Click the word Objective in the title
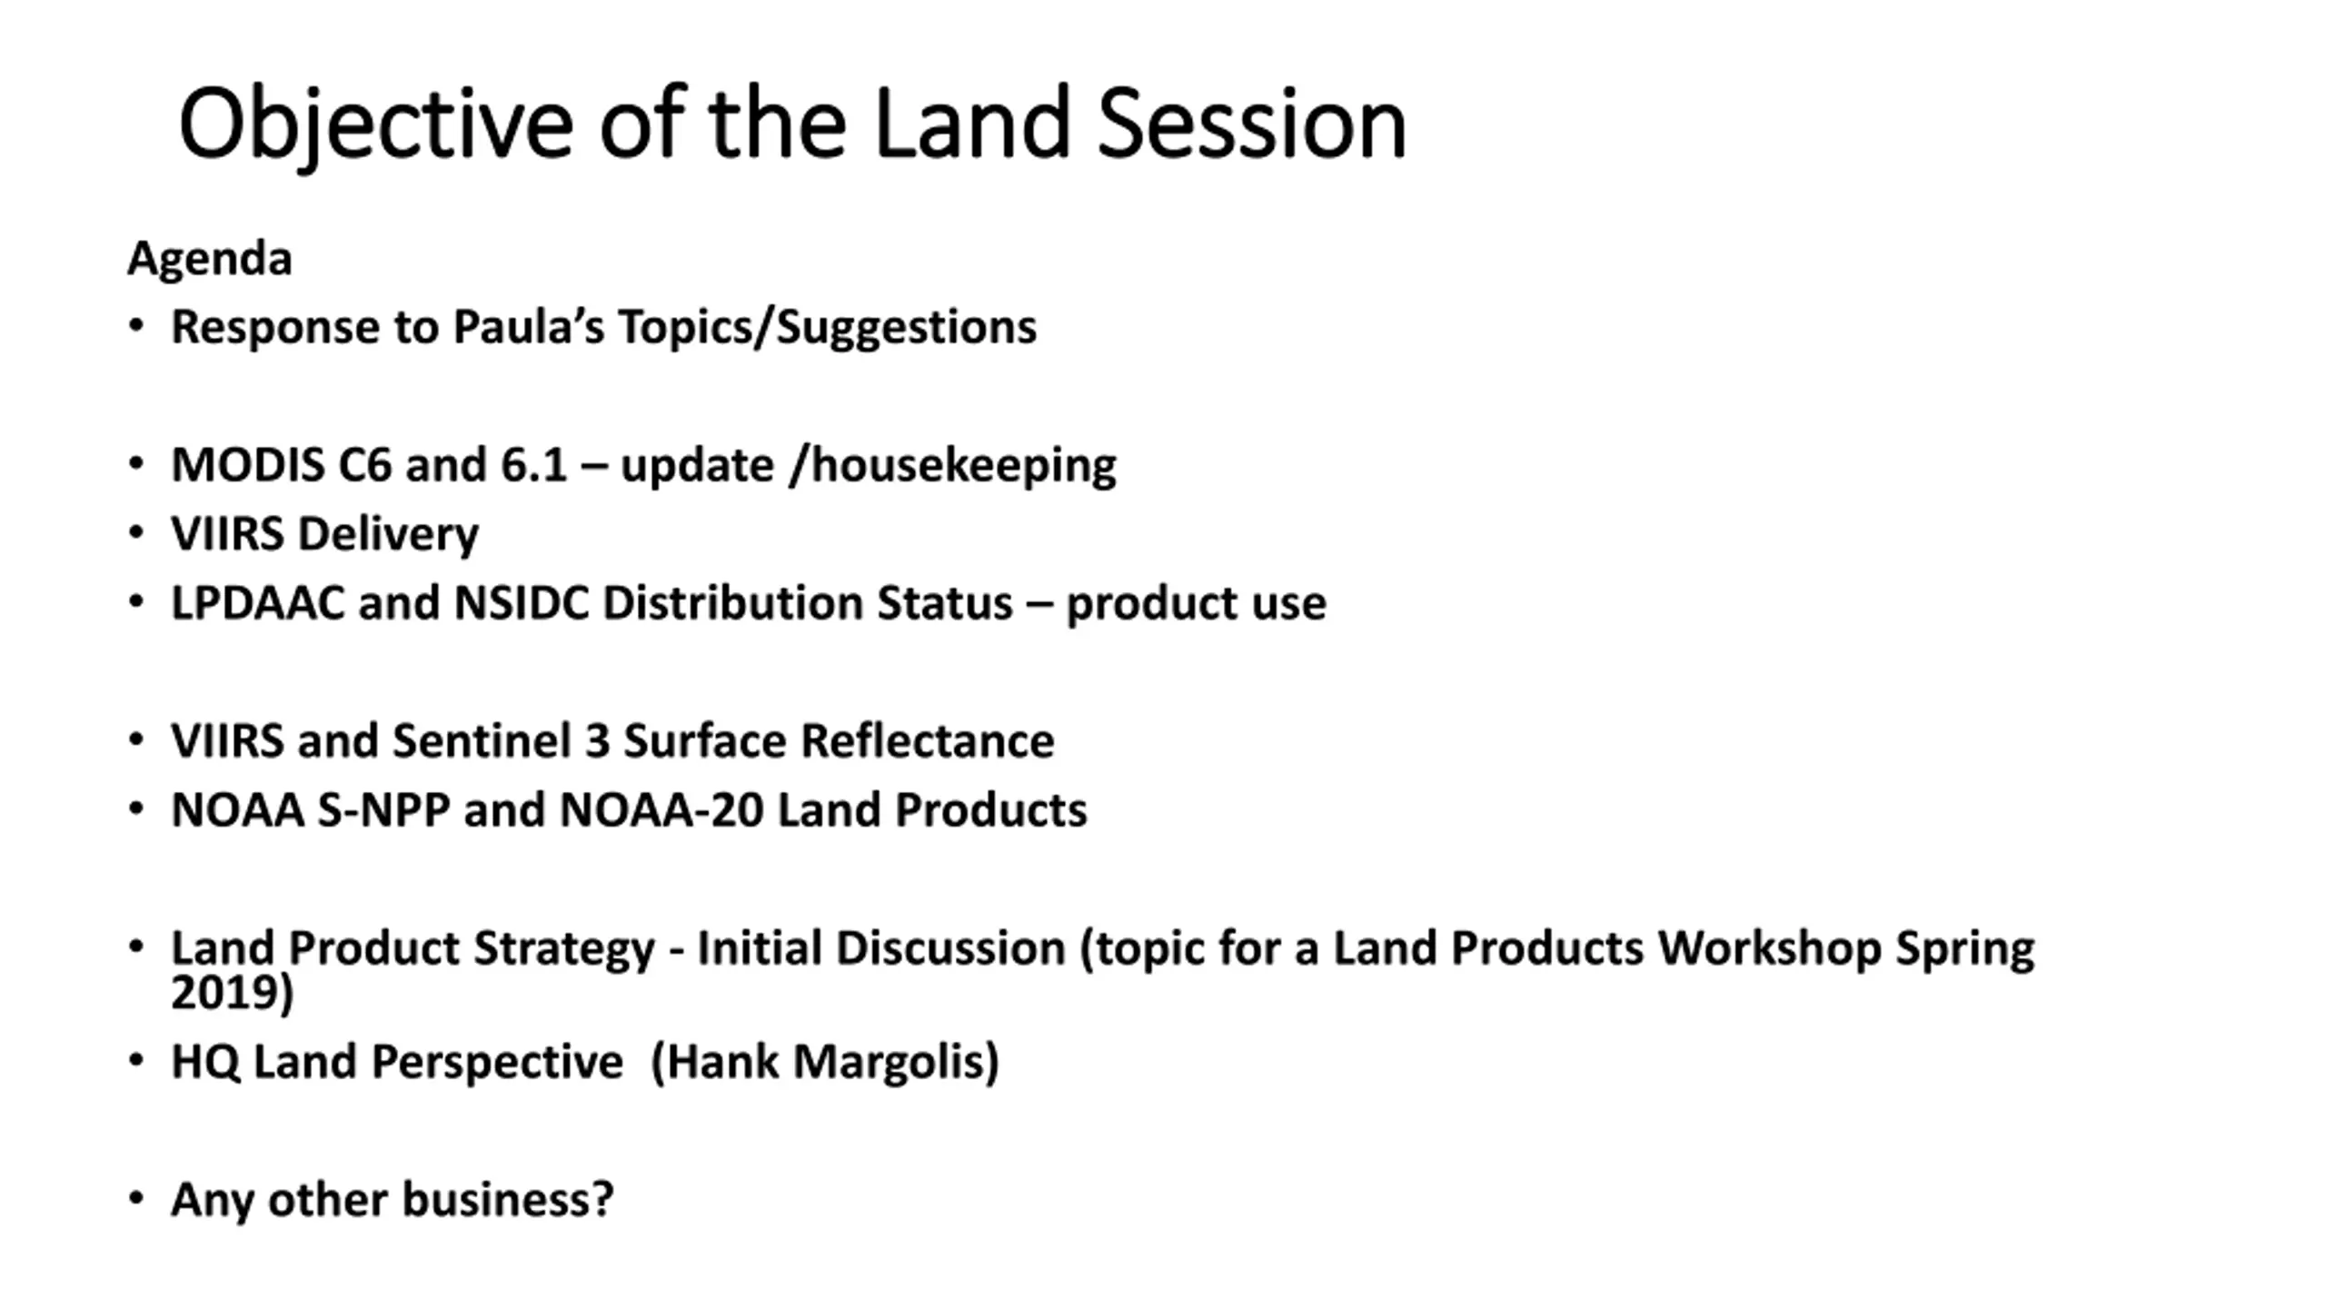[375, 124]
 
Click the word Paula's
[528, 326]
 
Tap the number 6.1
[534, 465]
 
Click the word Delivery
[388, 535]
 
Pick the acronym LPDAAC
[258, 603]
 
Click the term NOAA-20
[661, 809]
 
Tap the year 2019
[224, 992]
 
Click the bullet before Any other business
[136, 1199]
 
